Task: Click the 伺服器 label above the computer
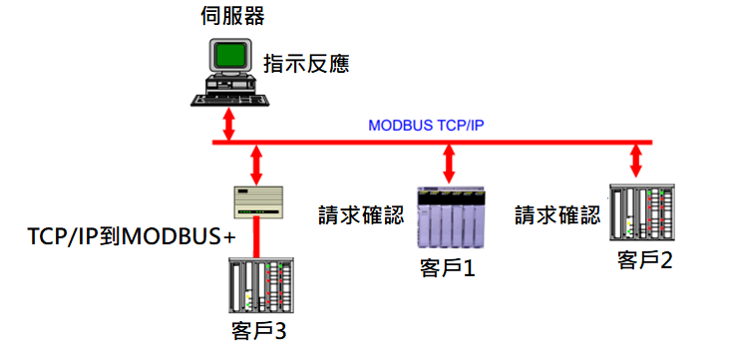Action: coord(232,15)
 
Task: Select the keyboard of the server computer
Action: coord(229,100)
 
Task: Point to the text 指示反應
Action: coord(307,63)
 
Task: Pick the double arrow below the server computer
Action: coord(228,124)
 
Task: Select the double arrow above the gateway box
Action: coord(256,165)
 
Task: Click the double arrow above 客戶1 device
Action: coord(449,165)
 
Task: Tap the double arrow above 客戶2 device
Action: coord(635,162)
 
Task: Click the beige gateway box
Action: coord(258,201)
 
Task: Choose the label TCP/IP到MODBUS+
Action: coord(132,237)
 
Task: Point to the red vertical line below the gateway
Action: coord(256,237)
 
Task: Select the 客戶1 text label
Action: coord(448,268)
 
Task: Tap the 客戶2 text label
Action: coord(645,260)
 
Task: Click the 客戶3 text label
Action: coord(258,331)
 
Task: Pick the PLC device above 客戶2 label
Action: coord(642,212)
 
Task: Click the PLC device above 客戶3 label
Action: coord(261,285)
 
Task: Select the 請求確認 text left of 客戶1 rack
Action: coord(361,215)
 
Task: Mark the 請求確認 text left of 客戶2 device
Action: coord(558,215)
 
